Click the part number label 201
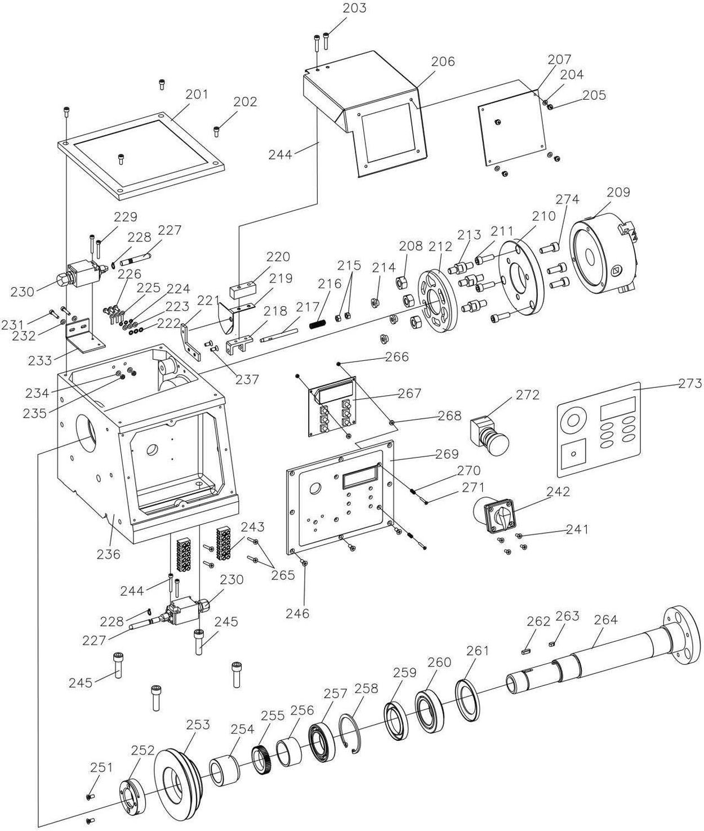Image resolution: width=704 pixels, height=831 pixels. coord(197,95)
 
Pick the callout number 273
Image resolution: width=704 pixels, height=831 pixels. coord(690,383)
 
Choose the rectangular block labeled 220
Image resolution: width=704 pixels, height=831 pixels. coord(243,289)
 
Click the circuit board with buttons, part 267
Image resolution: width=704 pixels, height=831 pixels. coord(332,406)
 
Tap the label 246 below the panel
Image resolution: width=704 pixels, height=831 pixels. coord(298,613)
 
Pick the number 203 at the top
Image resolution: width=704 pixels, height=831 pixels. coord(354,8)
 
